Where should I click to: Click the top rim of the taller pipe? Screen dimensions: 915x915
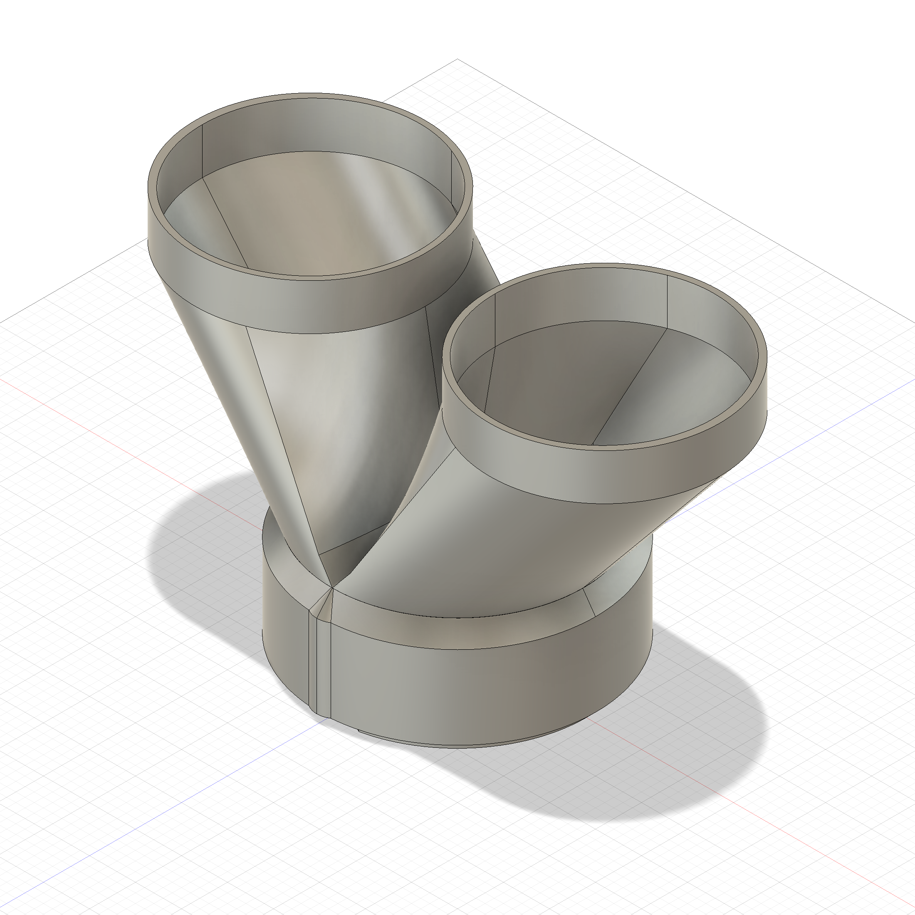coord(310,96)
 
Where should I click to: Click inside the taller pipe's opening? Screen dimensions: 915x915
coord(308,213)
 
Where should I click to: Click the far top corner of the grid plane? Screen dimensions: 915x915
coord(457,59)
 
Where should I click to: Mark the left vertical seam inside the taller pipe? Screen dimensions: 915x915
coord(202,151)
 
